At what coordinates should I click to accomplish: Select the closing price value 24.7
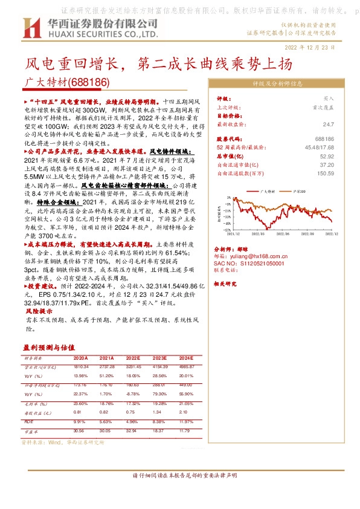329,125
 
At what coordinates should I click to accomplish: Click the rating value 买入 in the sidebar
329,98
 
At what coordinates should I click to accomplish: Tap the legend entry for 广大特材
266,190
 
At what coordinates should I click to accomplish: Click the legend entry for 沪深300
298,190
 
